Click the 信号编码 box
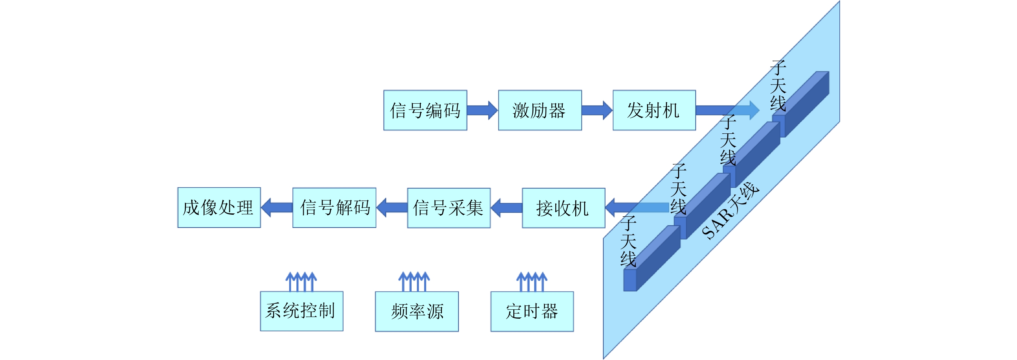coord(425,110)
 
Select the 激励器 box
coord(540,110)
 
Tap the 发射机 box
coord(654,110)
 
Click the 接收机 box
coord(563,208)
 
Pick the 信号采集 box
coord(448,208)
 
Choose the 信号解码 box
coord(334,208)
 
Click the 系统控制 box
coord(301,311)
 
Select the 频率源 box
coord(416,312)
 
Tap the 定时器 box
coord(532,312)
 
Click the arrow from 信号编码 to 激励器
coord(482,110)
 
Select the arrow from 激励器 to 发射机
coord(597,110)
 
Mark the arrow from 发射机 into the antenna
coord(727,110)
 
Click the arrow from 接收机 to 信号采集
coord(507,208)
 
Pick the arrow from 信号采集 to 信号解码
coord(392,208)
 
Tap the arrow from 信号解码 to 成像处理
coord(277,208)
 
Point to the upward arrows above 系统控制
coord(301,282)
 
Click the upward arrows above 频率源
coord(414,282)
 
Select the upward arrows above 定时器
coord(532,282)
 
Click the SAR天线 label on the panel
coord(731,211)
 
